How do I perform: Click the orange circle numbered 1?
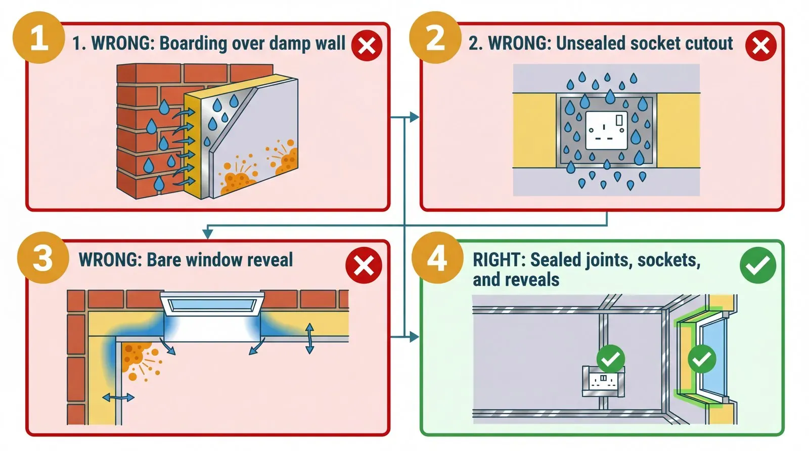pos(38,37)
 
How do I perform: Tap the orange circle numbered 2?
pos(435,37)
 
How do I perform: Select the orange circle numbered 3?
pos(42,258)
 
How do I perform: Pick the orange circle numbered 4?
pos(437,258)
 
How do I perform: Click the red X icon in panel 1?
pos(367,46)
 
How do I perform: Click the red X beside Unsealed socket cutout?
pos(760,46)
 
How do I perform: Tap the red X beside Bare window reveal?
pos(364,266)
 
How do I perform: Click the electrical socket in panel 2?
pos(606,130)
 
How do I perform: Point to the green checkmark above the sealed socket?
pos(611,359)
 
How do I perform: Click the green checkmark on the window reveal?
pos(702,359)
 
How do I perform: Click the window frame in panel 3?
pos(212,305)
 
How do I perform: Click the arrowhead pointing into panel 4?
pos(415,336)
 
